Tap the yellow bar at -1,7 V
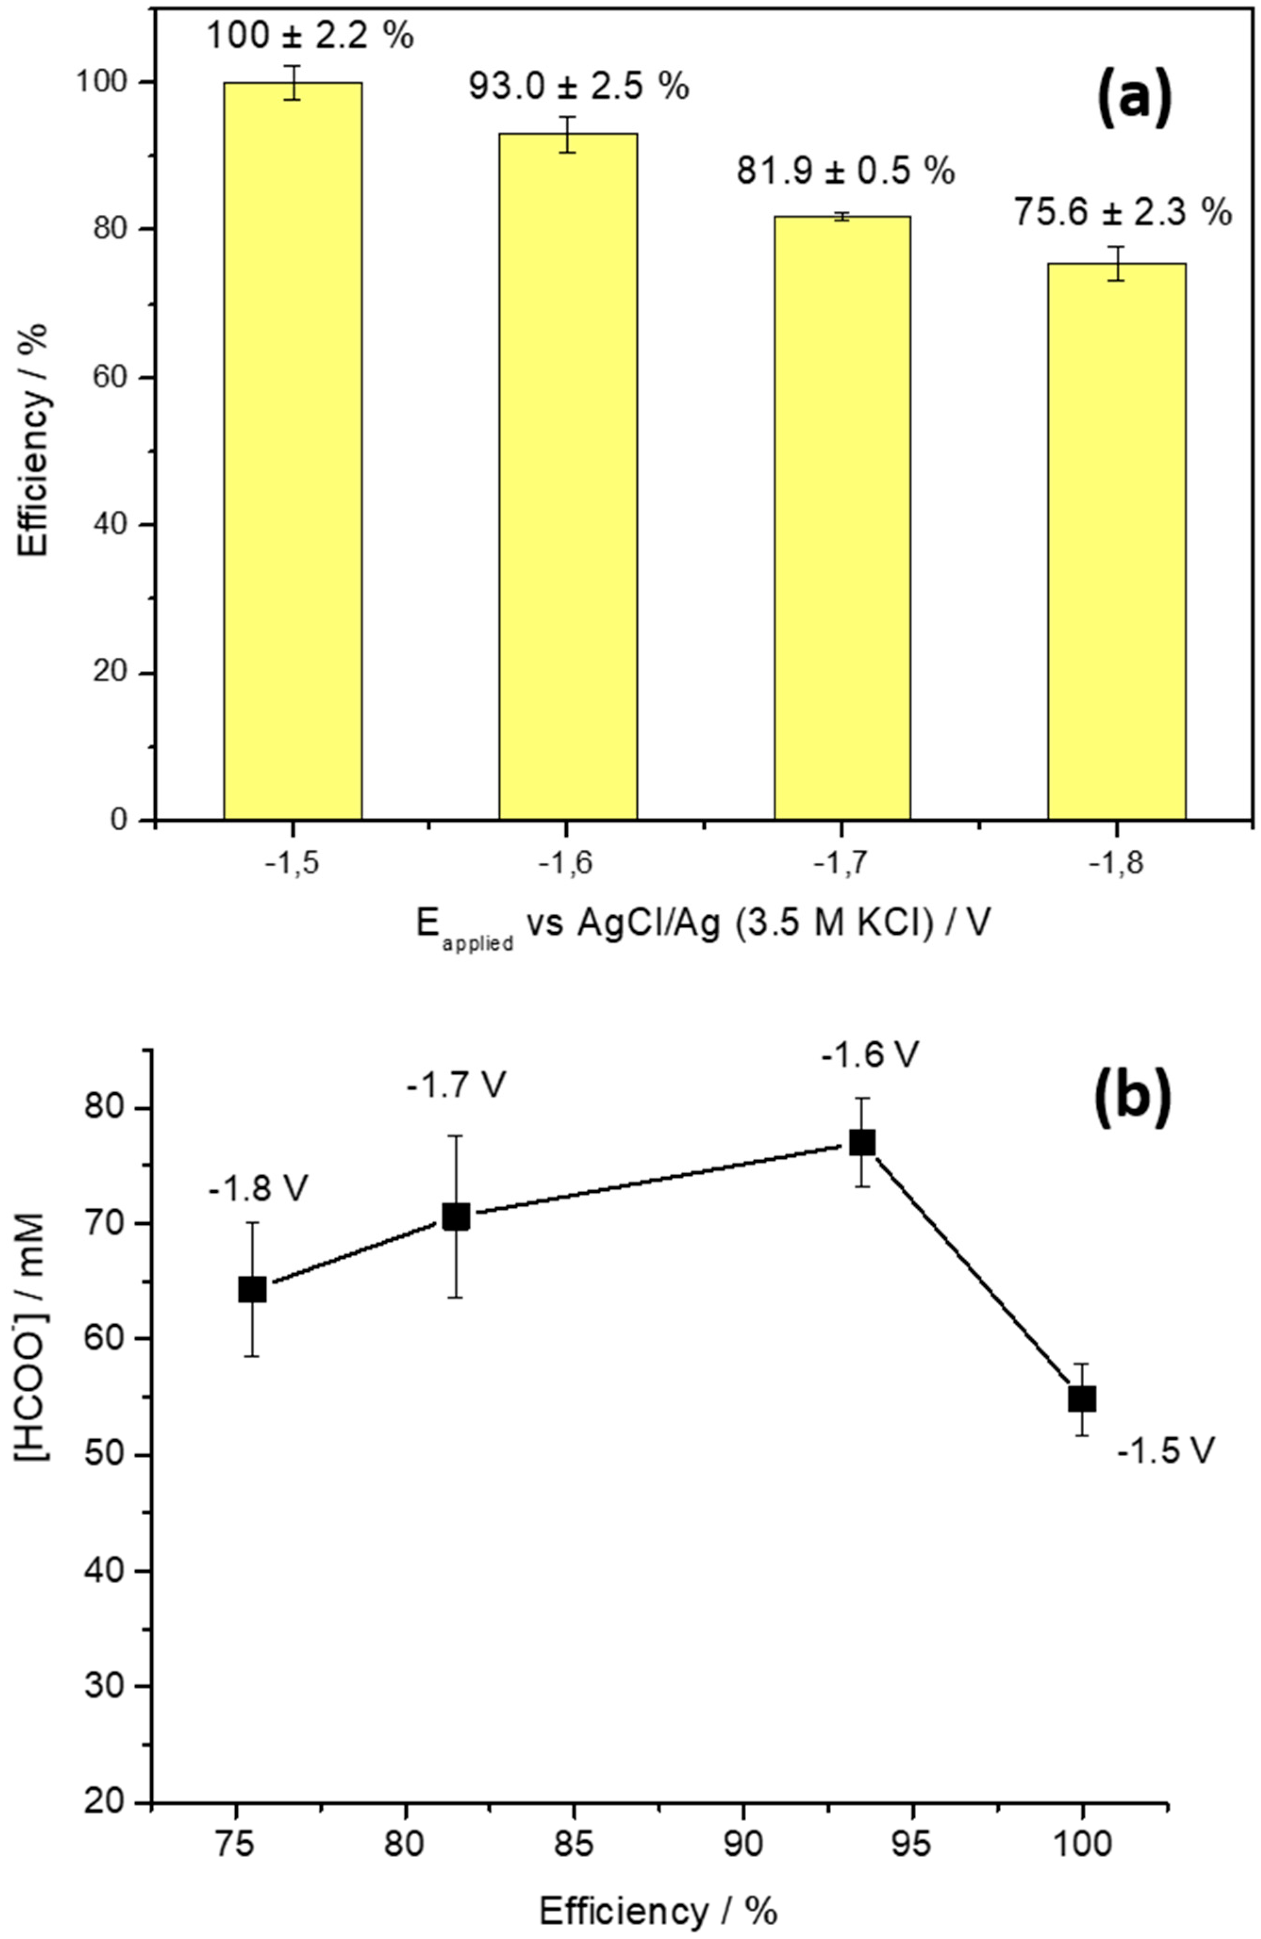tap(842, 517)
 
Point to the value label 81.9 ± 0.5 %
tap(846, 171)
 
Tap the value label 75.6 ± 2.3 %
tap(1122, 214)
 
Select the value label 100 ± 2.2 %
tap(310, 37)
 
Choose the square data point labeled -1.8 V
tap(253, 1290)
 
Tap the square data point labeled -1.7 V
tap(455, 1216)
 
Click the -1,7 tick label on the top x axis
tap(842, 865)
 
